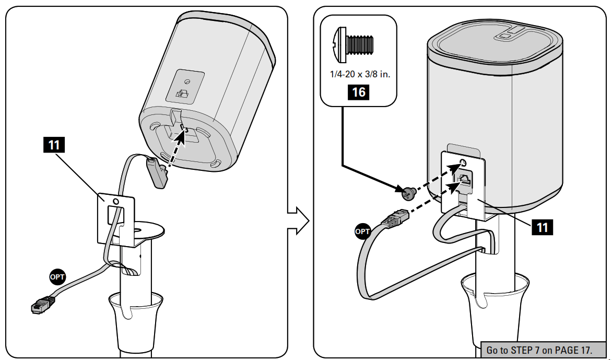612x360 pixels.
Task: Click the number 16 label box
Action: [x=359, y=92]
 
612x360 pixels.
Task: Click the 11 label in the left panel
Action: [x=54, y=145]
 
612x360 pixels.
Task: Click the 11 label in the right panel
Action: [x=543, y=227]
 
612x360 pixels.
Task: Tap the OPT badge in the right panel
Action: [x=362, y=230]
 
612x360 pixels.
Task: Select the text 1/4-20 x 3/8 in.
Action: [x=360, y=74]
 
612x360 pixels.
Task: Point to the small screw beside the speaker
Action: [x=408, y=194]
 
